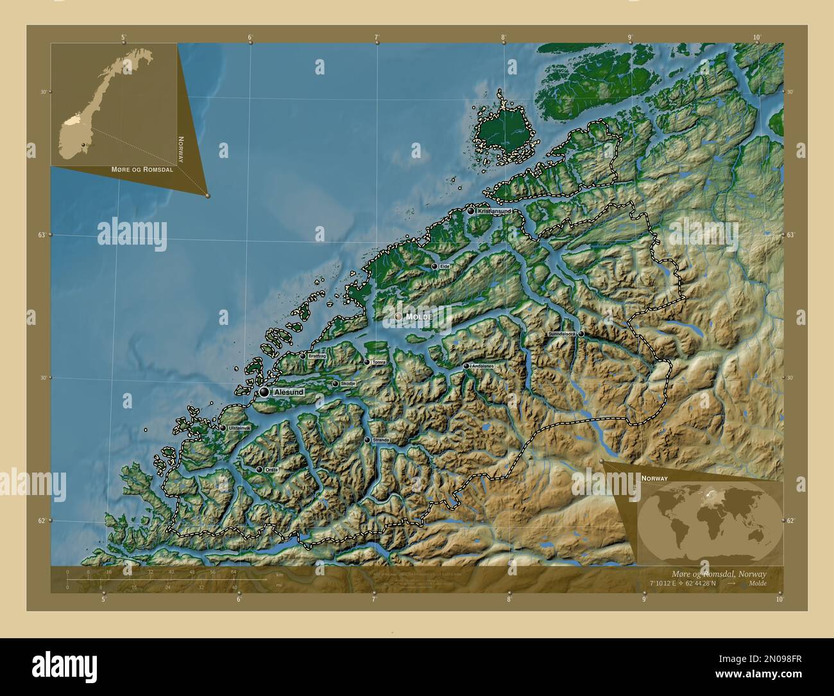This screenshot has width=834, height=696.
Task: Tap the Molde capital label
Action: [418, 317]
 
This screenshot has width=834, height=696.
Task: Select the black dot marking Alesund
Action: [264, 392]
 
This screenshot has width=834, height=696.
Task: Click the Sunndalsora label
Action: [561, 335]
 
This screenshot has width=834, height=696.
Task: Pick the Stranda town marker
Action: [367, 440]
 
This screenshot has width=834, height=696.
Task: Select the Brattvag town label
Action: [317, 356]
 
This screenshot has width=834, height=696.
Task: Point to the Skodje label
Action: [347, 384]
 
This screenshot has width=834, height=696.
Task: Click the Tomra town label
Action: [379, 362]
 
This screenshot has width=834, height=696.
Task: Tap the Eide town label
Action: [445, 266]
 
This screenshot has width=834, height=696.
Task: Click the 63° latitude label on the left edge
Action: [41, 235]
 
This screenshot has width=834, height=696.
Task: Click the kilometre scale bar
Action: [167, 580]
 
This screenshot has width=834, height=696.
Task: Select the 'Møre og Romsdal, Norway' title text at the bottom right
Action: [716, 573]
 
